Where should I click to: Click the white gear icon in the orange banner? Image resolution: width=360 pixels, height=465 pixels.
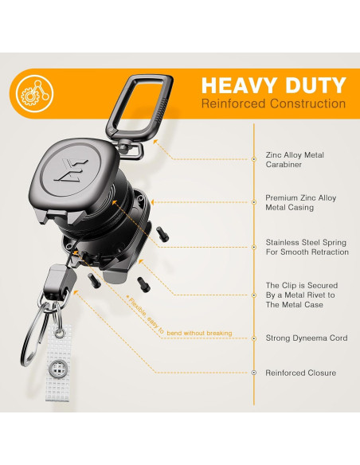pos(35,94)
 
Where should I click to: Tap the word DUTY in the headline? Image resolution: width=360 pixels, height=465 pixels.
pos(315,85)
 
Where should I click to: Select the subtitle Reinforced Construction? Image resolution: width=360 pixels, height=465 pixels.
pos(273,104)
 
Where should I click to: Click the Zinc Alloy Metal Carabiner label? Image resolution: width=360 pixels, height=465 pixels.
pos(295,159)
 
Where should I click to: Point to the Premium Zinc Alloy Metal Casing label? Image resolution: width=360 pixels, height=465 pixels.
pos(301,202)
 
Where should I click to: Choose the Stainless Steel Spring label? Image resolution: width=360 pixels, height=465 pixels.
pos(307,247)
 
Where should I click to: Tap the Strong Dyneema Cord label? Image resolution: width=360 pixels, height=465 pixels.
pos(307,338)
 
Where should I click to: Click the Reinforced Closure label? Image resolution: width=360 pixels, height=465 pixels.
pos(301,373)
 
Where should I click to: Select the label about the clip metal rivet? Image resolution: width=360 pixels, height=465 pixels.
pos(302,295)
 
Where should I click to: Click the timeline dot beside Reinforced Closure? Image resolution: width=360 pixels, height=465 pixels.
pos(254,373)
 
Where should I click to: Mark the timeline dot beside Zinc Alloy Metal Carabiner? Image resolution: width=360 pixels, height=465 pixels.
pos(254,159)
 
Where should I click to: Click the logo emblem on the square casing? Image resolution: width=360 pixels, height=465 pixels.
pos(72,170)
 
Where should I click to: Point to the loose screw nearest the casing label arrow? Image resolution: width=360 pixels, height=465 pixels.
pos(162,233)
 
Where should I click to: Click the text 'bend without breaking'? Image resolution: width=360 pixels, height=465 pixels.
pos(199,334)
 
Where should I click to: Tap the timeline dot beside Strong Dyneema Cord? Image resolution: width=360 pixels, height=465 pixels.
pos(254,338)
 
